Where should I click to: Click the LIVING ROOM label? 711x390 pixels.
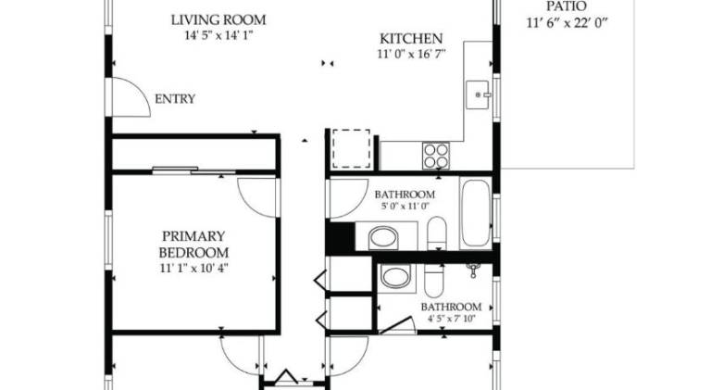(x=218, y=20)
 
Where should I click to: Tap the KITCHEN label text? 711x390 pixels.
(x=411, y=39)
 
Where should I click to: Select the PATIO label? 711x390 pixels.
(x=567, y=6)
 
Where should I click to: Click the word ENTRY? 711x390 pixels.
(x=175, y=99)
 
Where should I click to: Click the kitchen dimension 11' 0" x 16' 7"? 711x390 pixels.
(x=411, y=55)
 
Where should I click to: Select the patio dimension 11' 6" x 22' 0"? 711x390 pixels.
(x=567, y=23)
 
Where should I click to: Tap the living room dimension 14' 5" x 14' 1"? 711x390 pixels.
(x=218, y=35)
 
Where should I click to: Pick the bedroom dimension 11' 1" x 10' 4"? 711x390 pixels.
(x=193, y=268)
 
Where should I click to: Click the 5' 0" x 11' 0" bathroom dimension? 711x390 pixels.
(x=405, y=206)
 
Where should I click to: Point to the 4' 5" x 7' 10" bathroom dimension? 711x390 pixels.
(x=451, y=319)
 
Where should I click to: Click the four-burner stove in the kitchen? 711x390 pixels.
(x=436, y=156)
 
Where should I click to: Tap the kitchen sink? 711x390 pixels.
(x=478, y=94)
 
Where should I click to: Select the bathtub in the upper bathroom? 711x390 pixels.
(x=475, y=213)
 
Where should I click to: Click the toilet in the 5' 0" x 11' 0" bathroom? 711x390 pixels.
(x=437, y=233)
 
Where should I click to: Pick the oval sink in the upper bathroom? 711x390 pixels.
(x=383, y=237)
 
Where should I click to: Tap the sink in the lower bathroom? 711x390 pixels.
(x=395, y=278)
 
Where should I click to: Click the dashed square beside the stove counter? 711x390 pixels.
(x=351, y=149)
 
